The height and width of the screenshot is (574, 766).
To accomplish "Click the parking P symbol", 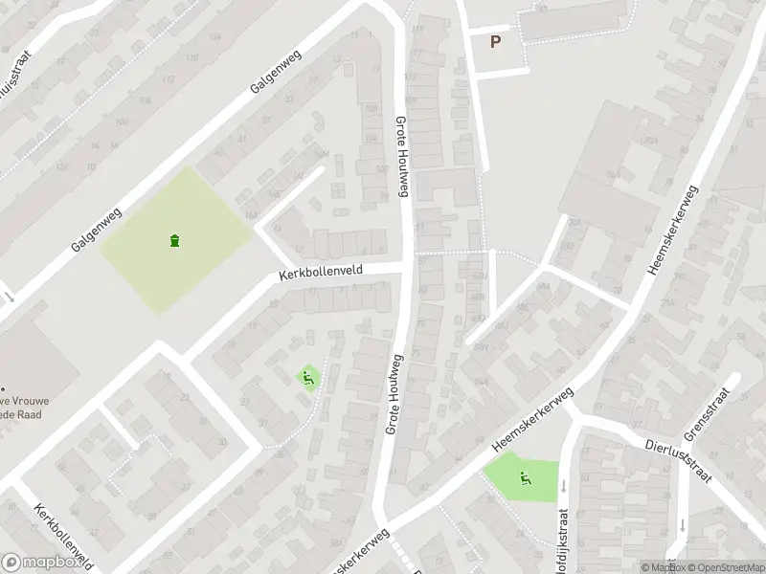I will [495, 41].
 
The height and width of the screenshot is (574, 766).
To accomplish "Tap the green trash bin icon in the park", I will [174, 240].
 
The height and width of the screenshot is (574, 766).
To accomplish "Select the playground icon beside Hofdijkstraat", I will [525, 478].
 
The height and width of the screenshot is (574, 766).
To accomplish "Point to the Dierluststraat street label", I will [679, 450].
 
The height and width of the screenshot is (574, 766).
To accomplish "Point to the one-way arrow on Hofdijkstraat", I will [563, 486].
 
